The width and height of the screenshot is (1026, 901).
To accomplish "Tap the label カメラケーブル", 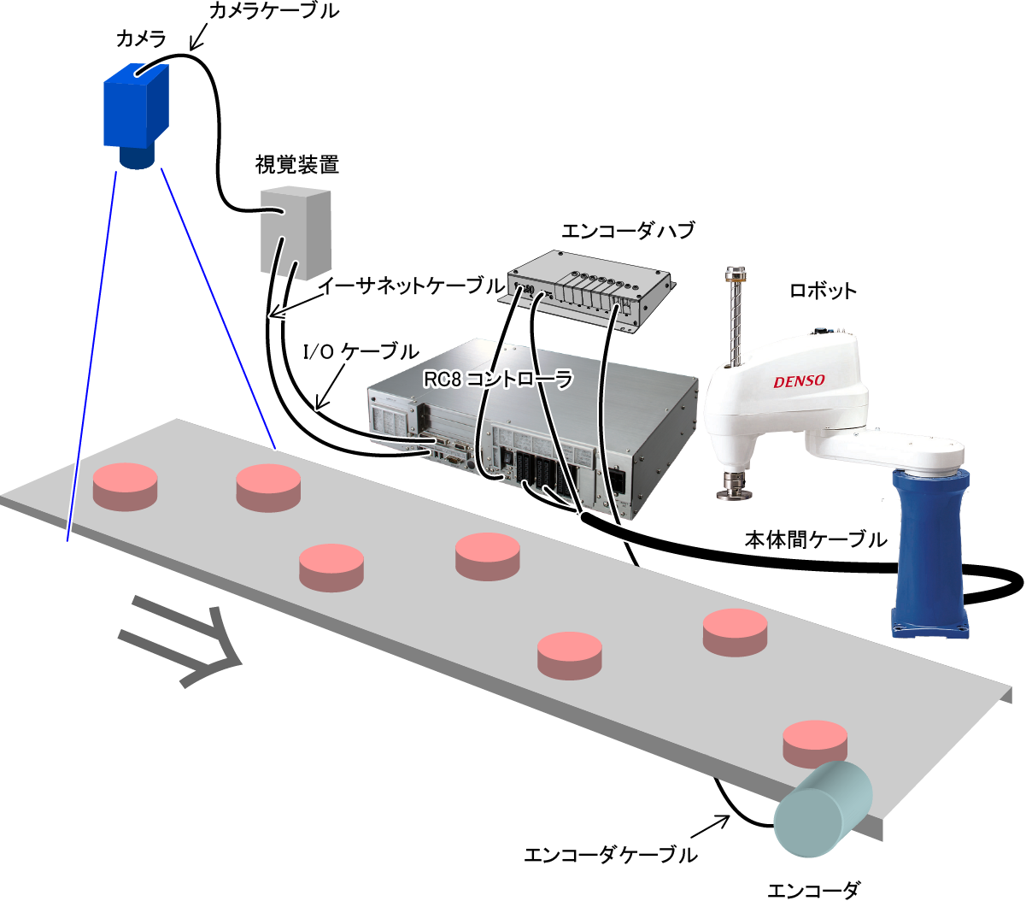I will (273, 11).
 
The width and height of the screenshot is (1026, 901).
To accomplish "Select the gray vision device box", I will (295, 228).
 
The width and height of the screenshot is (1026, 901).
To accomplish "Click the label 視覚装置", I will (297, 164).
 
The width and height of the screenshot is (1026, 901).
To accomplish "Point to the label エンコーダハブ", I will (628, 231).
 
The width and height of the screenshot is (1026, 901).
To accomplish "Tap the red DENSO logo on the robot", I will (799, 381).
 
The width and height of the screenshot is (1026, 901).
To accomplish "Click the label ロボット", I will (822, 291).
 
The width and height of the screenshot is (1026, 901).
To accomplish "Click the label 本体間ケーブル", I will (816, 540).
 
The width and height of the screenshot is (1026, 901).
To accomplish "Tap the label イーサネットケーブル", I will (410, 286).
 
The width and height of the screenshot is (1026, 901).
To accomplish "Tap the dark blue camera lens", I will (138, 157).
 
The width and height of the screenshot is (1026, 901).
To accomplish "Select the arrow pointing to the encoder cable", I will (709, 827).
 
